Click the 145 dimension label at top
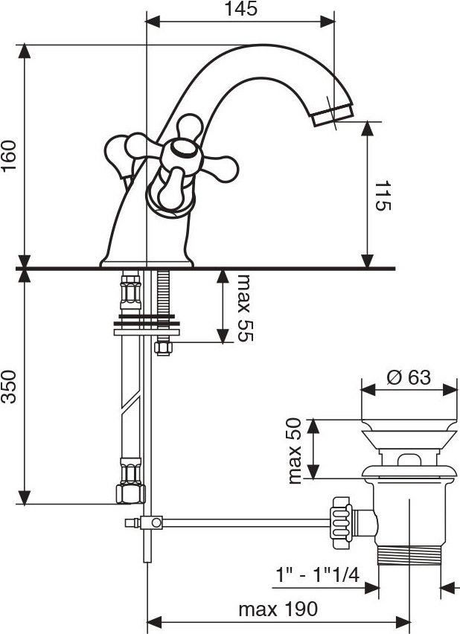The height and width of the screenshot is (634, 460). (x=240, y=9)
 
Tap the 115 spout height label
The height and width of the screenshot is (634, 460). (x=383, y=196)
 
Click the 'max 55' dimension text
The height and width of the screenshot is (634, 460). (x=245, y=308)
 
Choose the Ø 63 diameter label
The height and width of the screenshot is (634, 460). (x=409, y=378)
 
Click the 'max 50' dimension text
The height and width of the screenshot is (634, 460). (x=295, y=451)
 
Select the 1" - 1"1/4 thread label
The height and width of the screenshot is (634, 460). (x=318, y=574)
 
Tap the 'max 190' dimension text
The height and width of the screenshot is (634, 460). (x=278, y=609)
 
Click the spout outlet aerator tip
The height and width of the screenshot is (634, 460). (x=333, y=115)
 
